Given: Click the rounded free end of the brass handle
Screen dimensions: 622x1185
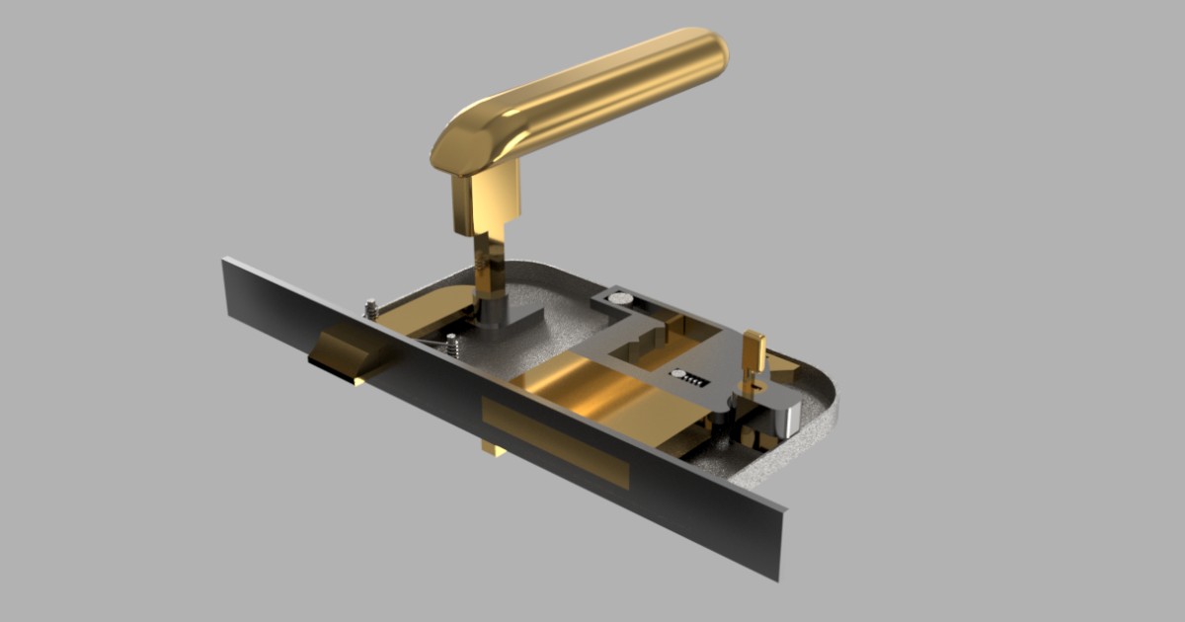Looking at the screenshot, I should tap(709, 54).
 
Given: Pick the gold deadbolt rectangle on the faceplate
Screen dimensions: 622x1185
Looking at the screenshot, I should tap(555, 443).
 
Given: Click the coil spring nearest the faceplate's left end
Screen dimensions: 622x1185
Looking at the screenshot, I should tap(371, 309).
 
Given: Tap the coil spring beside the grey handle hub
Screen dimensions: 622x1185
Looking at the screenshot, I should tap(451, 346).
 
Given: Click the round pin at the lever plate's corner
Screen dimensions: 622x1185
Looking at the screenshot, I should tap(620, 295).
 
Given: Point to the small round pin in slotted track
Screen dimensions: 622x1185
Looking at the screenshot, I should tap(680, 375).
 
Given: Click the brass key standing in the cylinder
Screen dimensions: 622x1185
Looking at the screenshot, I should tap(755, 352).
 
